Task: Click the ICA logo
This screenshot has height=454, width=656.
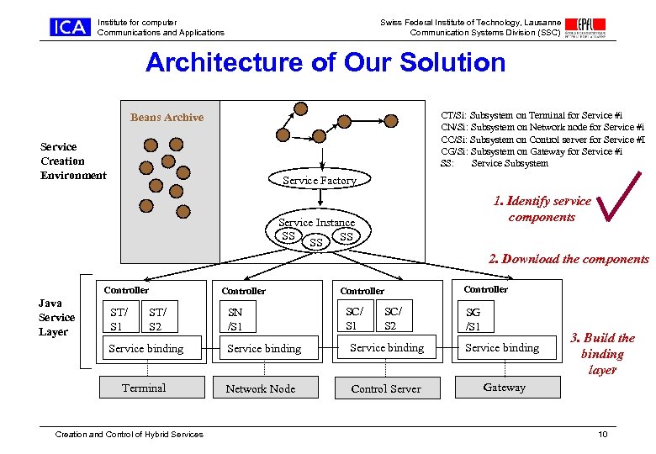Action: [69, 28]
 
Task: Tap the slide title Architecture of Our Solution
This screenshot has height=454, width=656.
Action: [325, 63]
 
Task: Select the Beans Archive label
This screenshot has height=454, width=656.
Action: [167, 118]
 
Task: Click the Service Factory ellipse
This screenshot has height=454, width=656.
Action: [320, 180]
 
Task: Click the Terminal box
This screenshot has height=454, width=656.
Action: [144, 388]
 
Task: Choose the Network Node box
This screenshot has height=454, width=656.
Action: [261, 388]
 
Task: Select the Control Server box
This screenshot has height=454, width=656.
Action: [386, 388]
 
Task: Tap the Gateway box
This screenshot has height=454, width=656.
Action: [505, 388]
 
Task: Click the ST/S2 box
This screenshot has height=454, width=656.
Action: [156, 319]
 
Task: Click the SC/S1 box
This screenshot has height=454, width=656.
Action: [354, 319]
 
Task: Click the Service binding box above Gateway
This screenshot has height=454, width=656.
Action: [502, 347]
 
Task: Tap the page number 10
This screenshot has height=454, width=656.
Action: [602, 434]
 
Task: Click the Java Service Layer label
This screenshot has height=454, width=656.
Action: [56, 317]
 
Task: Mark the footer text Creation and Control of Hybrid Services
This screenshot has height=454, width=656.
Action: [129, 434]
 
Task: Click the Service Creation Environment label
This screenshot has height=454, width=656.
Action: [73, 161]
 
